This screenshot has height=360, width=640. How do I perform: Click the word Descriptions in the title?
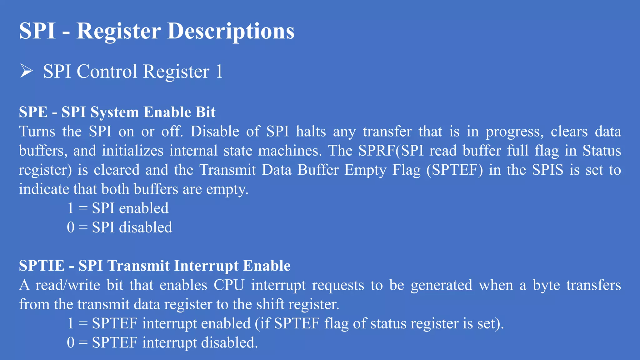pos(231,31)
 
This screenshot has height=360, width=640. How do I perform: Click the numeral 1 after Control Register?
pos(219,72)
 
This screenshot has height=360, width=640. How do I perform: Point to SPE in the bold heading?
pos(33,112)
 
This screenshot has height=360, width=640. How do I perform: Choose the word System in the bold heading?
pos(114,112)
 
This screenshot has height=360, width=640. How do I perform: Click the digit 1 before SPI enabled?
pos(71,208)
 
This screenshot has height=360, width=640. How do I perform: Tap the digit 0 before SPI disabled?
pos(71,227)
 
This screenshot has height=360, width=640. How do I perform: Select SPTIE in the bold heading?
pos(42,266)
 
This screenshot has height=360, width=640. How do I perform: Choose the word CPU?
pos(229,285)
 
